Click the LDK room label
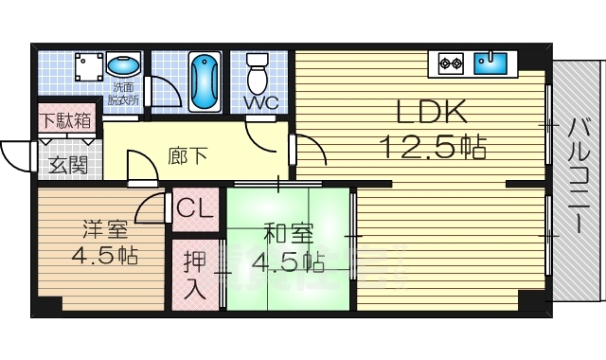click(431, 114)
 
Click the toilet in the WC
click(258, 73)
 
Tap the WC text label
click(259, 102)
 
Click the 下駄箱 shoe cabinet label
click(66, 121)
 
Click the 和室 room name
click(282, 232)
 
